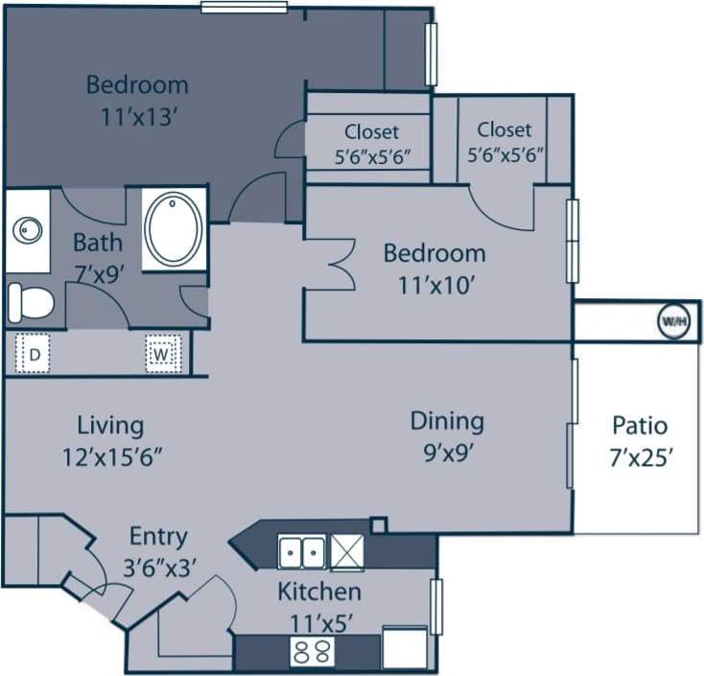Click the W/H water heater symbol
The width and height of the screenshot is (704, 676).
[x=672, y=322]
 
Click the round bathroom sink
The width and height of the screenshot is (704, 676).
[x=28, y=230]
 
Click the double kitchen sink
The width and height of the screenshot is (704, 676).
[x=301, y=552]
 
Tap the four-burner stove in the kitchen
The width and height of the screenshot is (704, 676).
[x=312, y=653]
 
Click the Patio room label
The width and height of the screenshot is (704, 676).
[x=640, y=426]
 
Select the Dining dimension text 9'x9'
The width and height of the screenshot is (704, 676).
[x=447, y=451]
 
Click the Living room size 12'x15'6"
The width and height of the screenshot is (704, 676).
[x=111, y=455]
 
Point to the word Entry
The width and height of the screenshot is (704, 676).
[x=158, y=536]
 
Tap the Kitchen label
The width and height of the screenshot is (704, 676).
[x=319, y=592]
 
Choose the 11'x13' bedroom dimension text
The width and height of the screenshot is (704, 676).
[x=137, y=117]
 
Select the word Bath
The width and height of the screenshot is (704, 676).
[x=98, y=242]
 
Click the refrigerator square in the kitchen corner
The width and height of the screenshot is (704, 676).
[x=404, y=647]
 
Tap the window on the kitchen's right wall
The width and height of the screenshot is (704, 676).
[x=436, y=607]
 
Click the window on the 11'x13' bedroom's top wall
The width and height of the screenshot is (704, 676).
[x=244, y=7]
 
